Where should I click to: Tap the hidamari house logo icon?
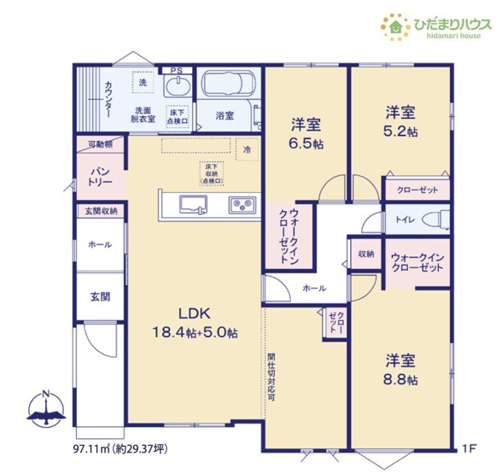point(395,26)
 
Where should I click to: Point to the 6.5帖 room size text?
point(306,144)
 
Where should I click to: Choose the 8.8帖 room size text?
point(400,378)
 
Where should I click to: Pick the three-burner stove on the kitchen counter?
point(241,204)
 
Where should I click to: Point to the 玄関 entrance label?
point(99,297)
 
